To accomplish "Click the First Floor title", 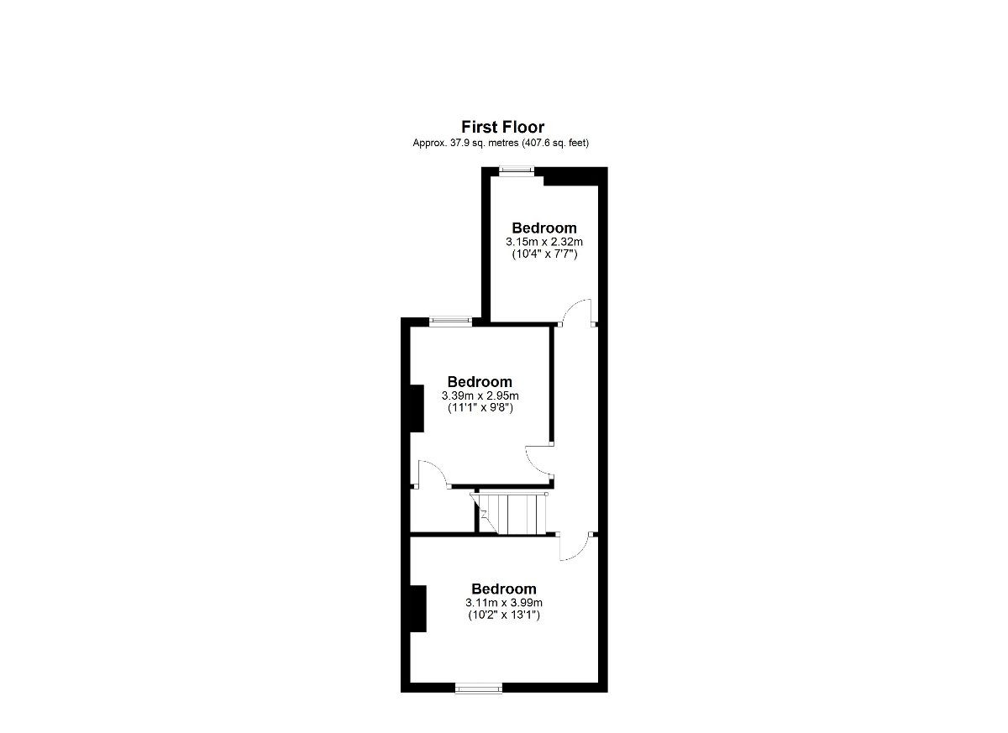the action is coord(502,127).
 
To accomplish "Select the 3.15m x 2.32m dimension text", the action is coord(544,242).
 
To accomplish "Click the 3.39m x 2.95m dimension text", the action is coord(480,395).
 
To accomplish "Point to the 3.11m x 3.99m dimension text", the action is coord(504,603).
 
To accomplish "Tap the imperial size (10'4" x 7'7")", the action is coord(544,254).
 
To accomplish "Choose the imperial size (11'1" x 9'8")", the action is coord(480,408).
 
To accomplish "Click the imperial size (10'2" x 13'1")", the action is coord(504,615).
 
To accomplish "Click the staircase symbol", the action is coord(509,514).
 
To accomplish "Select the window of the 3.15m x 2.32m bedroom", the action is coord(517,170).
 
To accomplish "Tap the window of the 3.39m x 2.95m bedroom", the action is coord(450,321).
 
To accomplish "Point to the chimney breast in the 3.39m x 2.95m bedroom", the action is coord(417,408).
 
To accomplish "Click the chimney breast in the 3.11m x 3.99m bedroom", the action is coord(418,609).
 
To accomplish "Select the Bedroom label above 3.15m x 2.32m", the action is coord(544,228).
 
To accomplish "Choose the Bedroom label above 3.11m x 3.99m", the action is coord(504,589).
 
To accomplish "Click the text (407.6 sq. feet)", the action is coord(555,143).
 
